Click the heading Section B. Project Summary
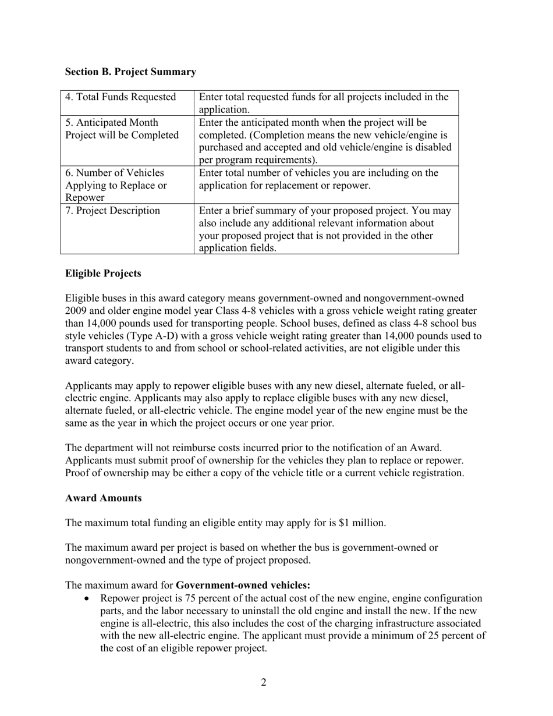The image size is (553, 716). [x=130, y=72]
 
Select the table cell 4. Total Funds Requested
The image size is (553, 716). [x=120, y=97]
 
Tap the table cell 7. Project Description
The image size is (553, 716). [x=112, y=211]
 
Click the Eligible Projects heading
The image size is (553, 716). [x=103, y=274]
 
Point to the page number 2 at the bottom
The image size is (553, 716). [x=264, y=682]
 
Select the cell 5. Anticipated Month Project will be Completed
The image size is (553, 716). [x=121, y=129]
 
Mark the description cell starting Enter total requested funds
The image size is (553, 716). [x=324, y=103]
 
